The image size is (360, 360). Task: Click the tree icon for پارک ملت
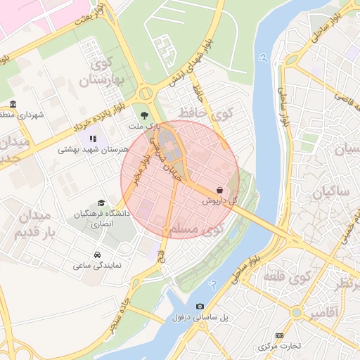point(145,115)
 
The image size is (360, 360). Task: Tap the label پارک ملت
point(145,127)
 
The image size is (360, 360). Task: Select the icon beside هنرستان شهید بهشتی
point(103,138)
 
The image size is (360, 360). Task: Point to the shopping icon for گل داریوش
point(220,190)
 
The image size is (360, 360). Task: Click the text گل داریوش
point(220,201)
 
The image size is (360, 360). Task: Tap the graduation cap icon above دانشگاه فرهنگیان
point(103,202)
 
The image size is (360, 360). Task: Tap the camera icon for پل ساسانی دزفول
point(200,307)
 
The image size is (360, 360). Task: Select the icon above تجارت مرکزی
point(280,335)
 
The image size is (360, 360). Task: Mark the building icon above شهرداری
point(13,104)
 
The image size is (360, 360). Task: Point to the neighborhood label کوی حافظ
point(211,112)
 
